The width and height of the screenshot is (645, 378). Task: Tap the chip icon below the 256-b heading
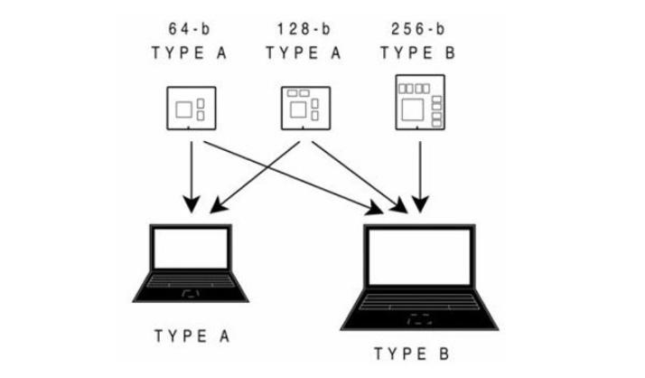pyautogui.click(x=420, y=105)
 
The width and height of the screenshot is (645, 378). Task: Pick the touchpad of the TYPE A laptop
pyautogui.click(x=192, y=294)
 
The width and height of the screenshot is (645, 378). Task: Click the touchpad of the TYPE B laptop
pyautogui.click(x=418, y=318)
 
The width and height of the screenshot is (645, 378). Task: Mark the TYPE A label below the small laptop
pyautogui.click(x=192, y=336)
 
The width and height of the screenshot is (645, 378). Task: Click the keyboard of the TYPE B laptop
pyautogui.click(x=418, y=302)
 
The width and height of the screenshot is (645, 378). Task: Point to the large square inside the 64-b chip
pyautogui.click(x=184, y=111)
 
